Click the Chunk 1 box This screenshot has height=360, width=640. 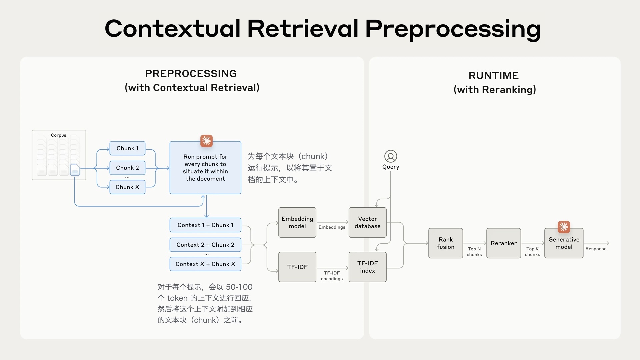(x=127, y=148)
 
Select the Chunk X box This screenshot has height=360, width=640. (x=127, y=187)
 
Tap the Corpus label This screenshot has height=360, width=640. (x=59, y=135)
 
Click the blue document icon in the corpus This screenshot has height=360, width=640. (x=75, y=170)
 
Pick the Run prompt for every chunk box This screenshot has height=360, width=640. (x=205, y=168)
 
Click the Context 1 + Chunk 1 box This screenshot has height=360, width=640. (x=205, y=225)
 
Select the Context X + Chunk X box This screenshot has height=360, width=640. (x=205, y=264)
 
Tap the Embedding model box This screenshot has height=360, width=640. (x=297, y=222)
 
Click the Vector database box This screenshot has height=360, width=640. (x=367, y=222)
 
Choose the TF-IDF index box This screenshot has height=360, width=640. (x=367, y=267)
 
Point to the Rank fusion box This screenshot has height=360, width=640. (x=446, y=243)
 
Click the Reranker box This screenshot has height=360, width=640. (x=504, y=243)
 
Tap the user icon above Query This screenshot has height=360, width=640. (x=391, y=156)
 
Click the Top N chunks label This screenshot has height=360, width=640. (x=474, y=252)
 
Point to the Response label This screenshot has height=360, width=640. (x=596, y=249)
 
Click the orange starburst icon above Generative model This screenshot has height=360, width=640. (x=564, y=227)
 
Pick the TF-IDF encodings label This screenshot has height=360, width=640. (x=332, y=276)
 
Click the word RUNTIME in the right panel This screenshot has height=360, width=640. (x=494, y=76)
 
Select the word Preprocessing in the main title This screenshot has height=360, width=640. (x=453, y=29)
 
